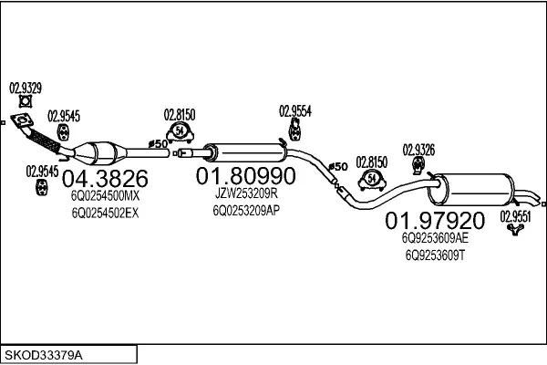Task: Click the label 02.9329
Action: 26,89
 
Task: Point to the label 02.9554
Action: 295,110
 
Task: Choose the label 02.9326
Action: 418,148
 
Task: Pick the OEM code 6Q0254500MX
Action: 106,195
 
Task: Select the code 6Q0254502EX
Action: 105,213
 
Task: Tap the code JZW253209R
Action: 245,193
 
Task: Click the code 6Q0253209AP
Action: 245,209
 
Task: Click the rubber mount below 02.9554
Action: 295,135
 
